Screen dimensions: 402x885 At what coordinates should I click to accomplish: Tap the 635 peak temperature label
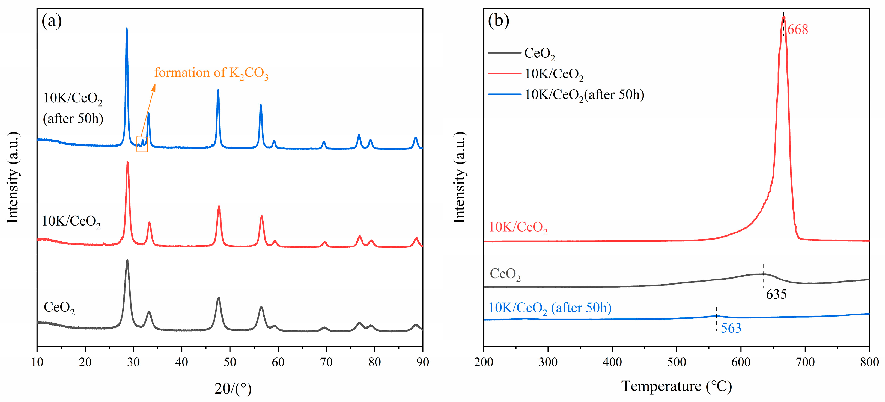coord(776,294)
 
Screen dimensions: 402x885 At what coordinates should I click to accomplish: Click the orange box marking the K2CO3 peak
coord(142,144)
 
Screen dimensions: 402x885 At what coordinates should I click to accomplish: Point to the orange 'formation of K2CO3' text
coord(211,73)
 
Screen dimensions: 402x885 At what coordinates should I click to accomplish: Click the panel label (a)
coord(52,21)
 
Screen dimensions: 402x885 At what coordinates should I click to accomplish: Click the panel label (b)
coord(499,21)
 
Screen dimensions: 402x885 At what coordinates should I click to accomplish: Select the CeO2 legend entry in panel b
coord(539,53)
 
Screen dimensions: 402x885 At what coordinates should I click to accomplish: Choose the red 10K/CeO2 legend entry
coord(553,74)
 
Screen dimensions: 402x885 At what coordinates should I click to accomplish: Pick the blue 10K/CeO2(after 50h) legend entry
coord(584,94)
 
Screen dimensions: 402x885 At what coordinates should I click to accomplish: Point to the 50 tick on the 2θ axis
coord(230,362)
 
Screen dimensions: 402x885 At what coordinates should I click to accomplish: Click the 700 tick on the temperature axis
coord(805,362)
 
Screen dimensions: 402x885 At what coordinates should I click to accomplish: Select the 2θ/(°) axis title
coord(233,389)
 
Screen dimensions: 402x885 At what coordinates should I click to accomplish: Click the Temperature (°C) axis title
coord(677,386)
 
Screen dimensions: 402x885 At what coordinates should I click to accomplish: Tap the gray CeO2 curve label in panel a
coord(59,308)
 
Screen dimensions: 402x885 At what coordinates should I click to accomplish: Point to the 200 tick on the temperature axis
coord(484,362)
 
